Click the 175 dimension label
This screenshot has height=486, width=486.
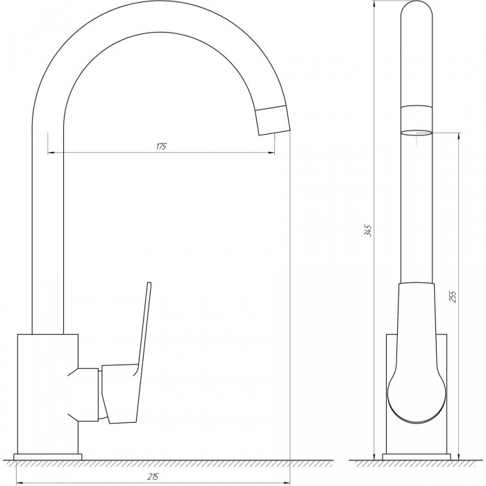(161, 146)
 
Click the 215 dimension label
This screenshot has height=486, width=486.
(153, 476)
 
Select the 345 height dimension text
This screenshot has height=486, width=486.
(367, 231)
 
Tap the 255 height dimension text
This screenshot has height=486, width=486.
(453, 296)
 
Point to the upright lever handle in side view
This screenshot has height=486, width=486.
(143, 353)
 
